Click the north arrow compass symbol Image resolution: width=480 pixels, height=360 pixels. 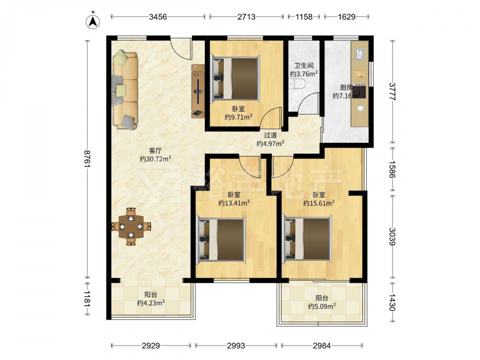point(93,21)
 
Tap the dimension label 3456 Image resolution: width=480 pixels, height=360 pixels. point(158,16)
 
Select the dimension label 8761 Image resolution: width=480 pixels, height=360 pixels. point(88,158)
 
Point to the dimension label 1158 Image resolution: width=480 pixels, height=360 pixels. point(304,16)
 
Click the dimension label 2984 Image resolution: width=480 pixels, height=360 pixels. point(322,346)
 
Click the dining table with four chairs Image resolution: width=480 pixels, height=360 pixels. point(132,227)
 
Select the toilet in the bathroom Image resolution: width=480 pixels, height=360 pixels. point(297,83)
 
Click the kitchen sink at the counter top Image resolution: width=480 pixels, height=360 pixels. point(360,54)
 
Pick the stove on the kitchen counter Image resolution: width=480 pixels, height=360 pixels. point(360,91)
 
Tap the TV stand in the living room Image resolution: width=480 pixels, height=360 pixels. point(198,91)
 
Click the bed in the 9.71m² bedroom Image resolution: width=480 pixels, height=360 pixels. point(235,78)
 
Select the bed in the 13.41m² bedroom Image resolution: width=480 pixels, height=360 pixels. point(221,240)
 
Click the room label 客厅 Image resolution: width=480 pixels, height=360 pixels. point(155,151)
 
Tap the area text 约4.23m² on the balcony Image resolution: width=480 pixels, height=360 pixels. point(151,303)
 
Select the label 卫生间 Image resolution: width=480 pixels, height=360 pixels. point(304,65)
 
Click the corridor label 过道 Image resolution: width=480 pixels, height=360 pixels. point(270,135)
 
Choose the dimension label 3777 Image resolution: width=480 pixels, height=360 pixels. point(393,92)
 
